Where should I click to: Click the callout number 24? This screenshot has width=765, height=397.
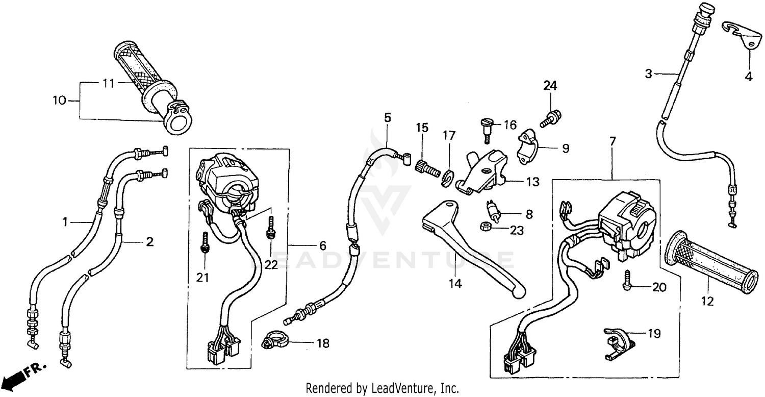550,86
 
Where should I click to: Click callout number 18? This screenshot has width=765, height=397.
322,343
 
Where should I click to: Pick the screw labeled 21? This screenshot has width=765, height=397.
205,241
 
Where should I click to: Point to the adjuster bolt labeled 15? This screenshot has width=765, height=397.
428,167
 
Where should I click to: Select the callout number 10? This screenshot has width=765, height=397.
59,101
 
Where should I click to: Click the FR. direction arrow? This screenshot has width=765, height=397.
20,377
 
